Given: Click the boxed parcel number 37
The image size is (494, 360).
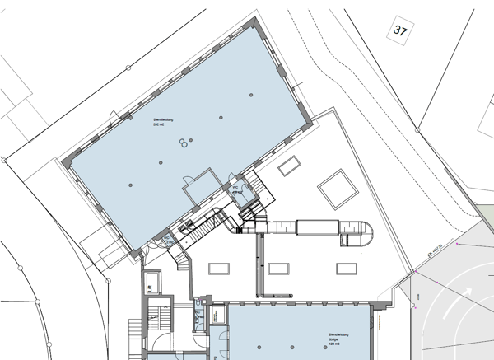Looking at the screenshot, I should [x=401, y=32].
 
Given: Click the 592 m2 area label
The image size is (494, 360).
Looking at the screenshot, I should [x=163, y=124].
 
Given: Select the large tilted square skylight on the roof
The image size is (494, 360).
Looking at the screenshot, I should [x=338, y=189].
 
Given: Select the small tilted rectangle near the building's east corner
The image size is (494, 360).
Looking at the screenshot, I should [x=289, y=167].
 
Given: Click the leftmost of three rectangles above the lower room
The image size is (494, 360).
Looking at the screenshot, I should [x=219, y=269].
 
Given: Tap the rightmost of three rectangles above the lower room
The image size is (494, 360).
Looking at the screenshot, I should [x=345, y=268].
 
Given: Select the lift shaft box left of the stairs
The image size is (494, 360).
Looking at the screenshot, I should [x=150, y=283].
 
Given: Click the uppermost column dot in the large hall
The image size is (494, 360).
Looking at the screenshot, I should [x=220, y=119].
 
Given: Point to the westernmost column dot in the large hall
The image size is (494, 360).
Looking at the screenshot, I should [x=130, y=185].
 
